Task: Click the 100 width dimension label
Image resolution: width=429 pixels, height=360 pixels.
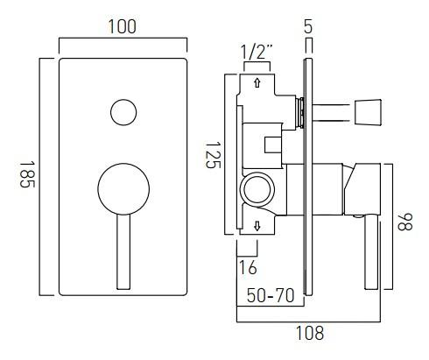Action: click(123, 26)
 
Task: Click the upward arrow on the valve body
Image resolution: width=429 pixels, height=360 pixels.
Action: click(256, 84)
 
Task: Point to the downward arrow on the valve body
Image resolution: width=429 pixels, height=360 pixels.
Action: click(256, 226)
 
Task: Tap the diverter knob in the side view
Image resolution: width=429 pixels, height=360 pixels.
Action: click(364, 110)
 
